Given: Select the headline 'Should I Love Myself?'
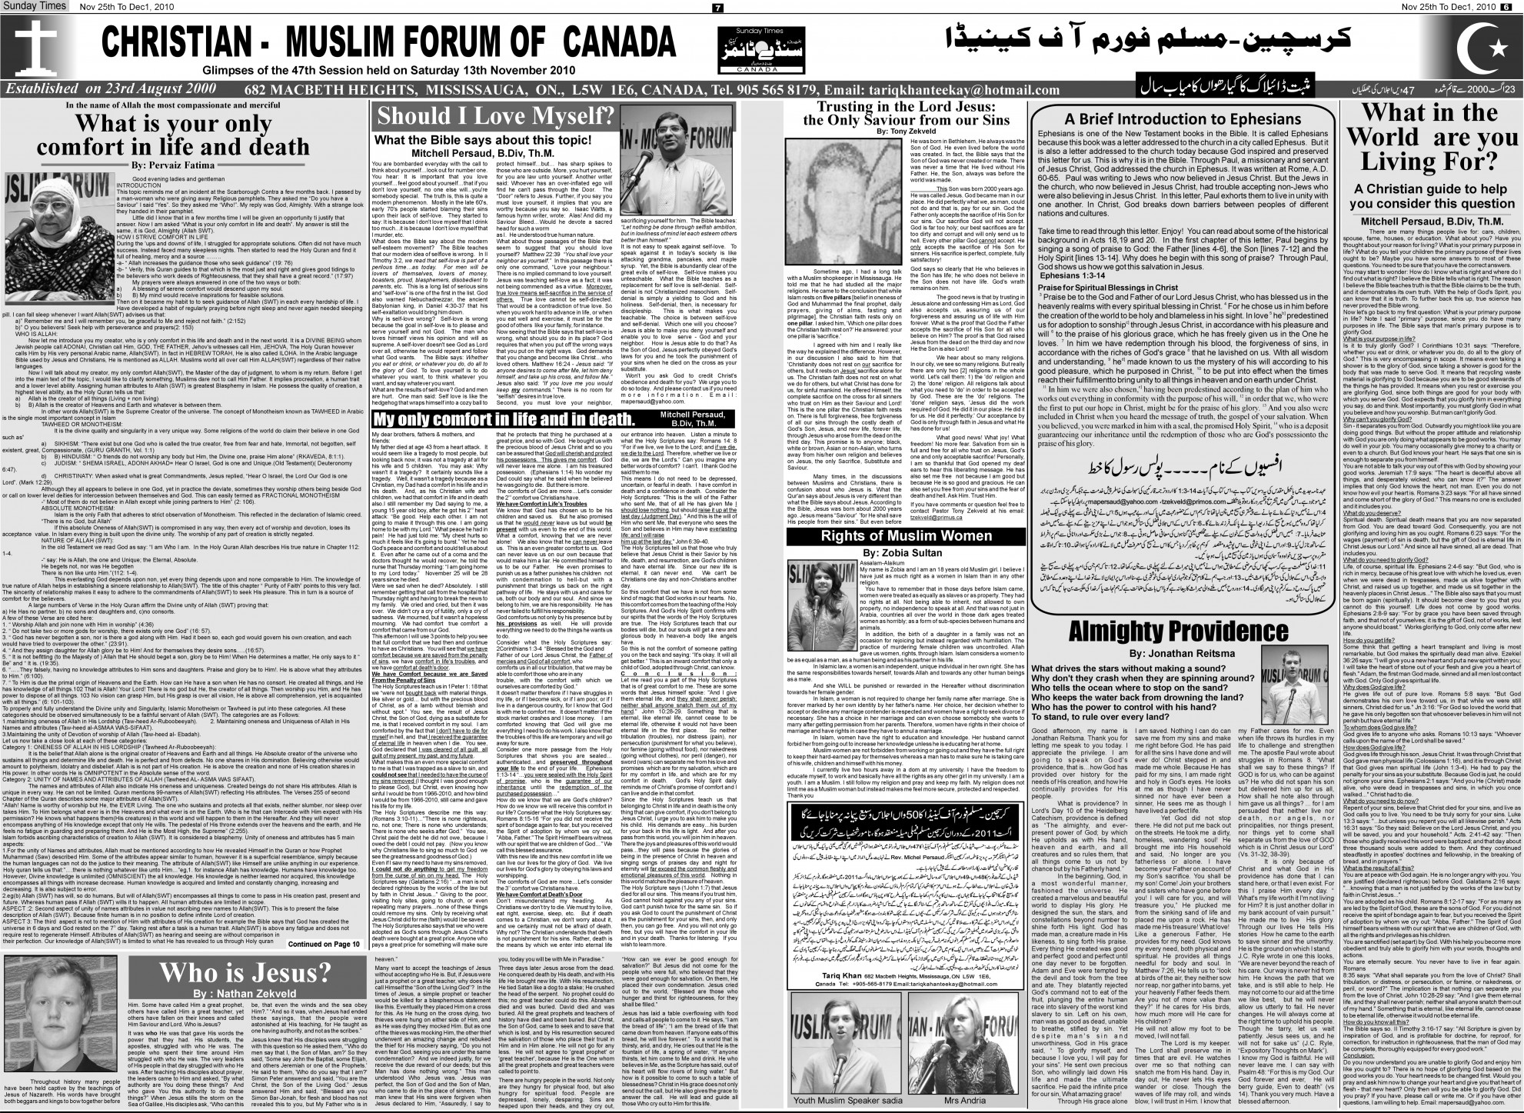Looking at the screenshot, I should (495, 116).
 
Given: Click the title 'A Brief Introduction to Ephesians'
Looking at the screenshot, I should (1181, 119).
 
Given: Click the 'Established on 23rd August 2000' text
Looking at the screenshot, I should (111, 89).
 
